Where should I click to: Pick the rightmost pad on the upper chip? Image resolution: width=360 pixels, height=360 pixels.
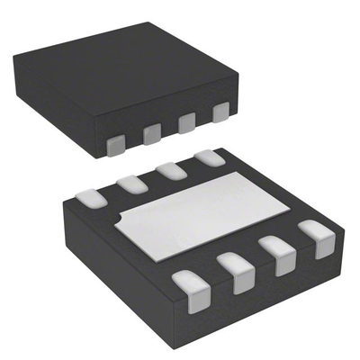tap(219, 113)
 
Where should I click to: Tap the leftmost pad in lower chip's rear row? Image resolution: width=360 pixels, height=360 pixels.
tap(91, 193)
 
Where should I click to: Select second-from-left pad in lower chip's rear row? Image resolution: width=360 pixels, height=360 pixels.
tap(131, 182)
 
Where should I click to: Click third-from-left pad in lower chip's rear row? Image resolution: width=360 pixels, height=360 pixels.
tap(170, 169)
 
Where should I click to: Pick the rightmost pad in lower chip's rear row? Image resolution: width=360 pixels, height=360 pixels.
tap(208, 157)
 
